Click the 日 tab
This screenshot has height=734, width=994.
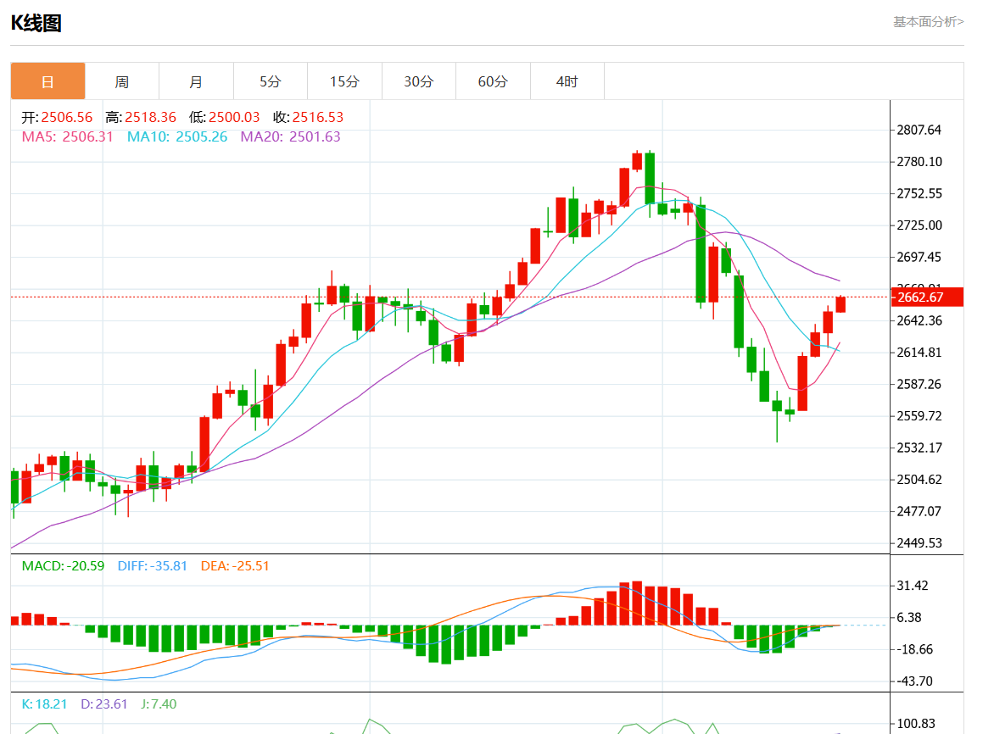click(x=47, y=81)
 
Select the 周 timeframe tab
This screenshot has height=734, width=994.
click(x=122, y=81)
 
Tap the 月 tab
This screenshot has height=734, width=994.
click(x=196, y=81)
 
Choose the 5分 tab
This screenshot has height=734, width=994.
click(x=270, y=81)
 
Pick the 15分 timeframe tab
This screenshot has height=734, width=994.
click(x=344, y=81)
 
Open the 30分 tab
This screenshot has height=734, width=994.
click(x=418, y=81)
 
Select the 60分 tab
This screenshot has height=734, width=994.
click(x=493, y=81)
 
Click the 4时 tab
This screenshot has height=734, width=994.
click(x=567, y=81)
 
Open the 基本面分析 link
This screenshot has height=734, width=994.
click(x=928, y=21)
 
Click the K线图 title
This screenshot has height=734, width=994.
click(x=36, y=23)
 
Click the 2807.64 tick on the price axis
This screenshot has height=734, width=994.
click(x=919, y=130)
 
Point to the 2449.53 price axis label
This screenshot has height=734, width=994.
click(x=919, y=542)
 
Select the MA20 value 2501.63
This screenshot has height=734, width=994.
click(x=315, y=136)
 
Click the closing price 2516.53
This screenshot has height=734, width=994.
click(x=318, y=117)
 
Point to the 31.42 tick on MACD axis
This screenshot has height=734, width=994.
click(x=913, y=586)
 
